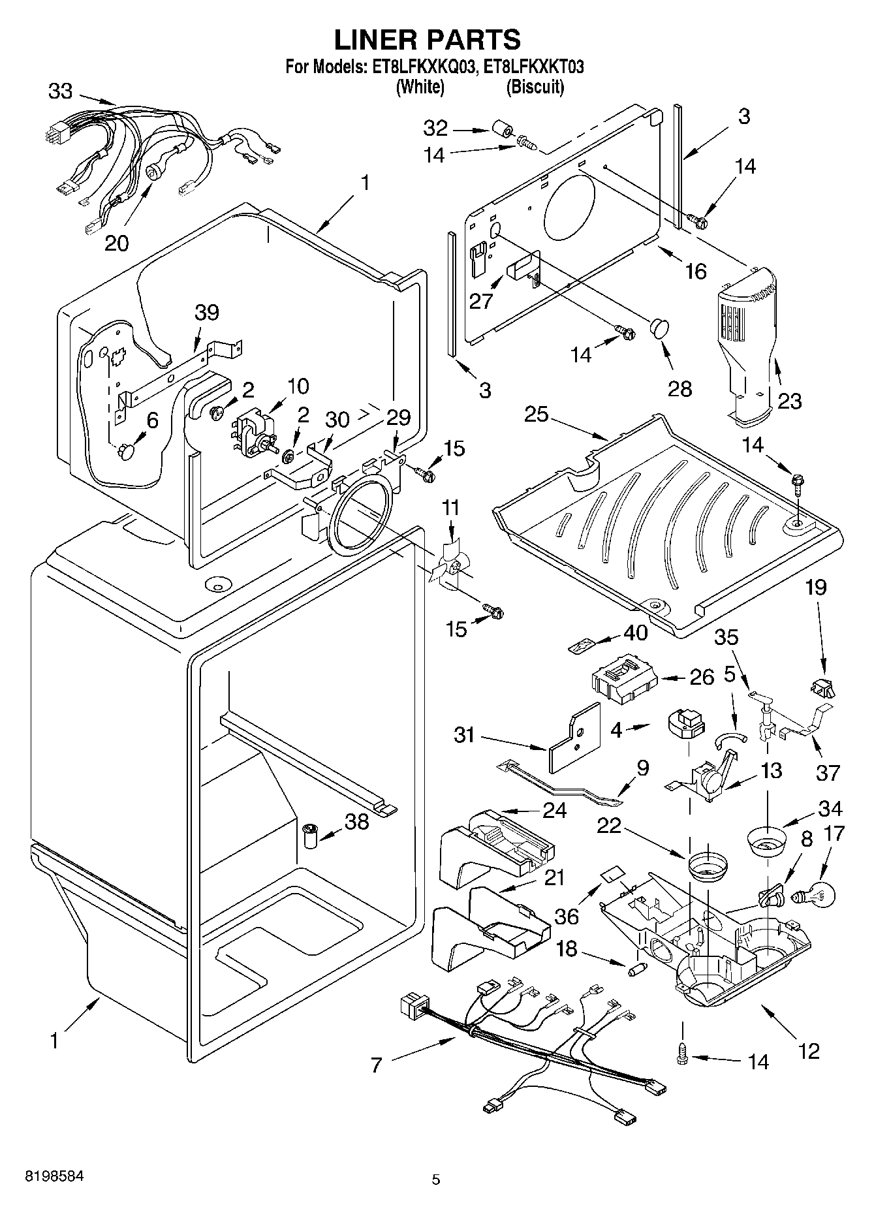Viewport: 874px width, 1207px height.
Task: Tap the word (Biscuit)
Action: click(535, 86)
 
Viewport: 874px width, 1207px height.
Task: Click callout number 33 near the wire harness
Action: click(60, 91)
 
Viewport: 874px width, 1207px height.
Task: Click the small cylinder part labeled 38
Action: click(311, 836)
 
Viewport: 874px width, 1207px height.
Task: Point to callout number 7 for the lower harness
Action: click(375, 1065)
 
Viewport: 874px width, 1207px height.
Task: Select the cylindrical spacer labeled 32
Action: click(501, 129)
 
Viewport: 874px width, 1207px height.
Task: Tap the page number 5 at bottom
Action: click(436, 1179)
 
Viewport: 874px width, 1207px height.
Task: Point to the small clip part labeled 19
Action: click(822, 687)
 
